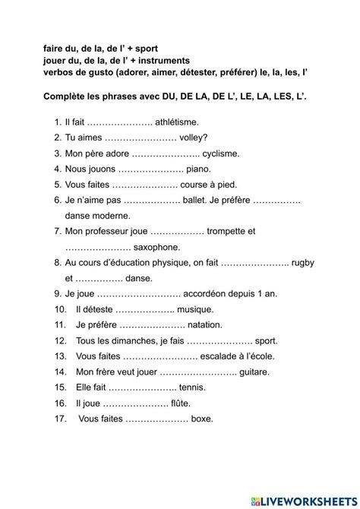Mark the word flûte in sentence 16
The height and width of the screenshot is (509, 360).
181,403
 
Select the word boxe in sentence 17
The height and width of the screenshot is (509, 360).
203,418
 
